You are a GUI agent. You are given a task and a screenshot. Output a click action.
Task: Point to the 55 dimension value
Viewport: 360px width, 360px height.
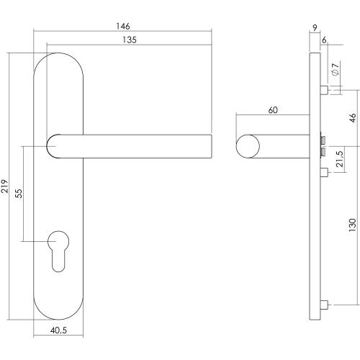(x=19, y=193)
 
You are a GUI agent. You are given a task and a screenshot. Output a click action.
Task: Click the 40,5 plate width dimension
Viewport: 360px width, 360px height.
(x=60, y=331)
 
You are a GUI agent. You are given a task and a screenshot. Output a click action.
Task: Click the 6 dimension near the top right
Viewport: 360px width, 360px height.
(x=325, y=41)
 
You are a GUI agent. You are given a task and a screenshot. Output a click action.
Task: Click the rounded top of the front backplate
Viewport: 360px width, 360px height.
(x=60, y=58)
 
